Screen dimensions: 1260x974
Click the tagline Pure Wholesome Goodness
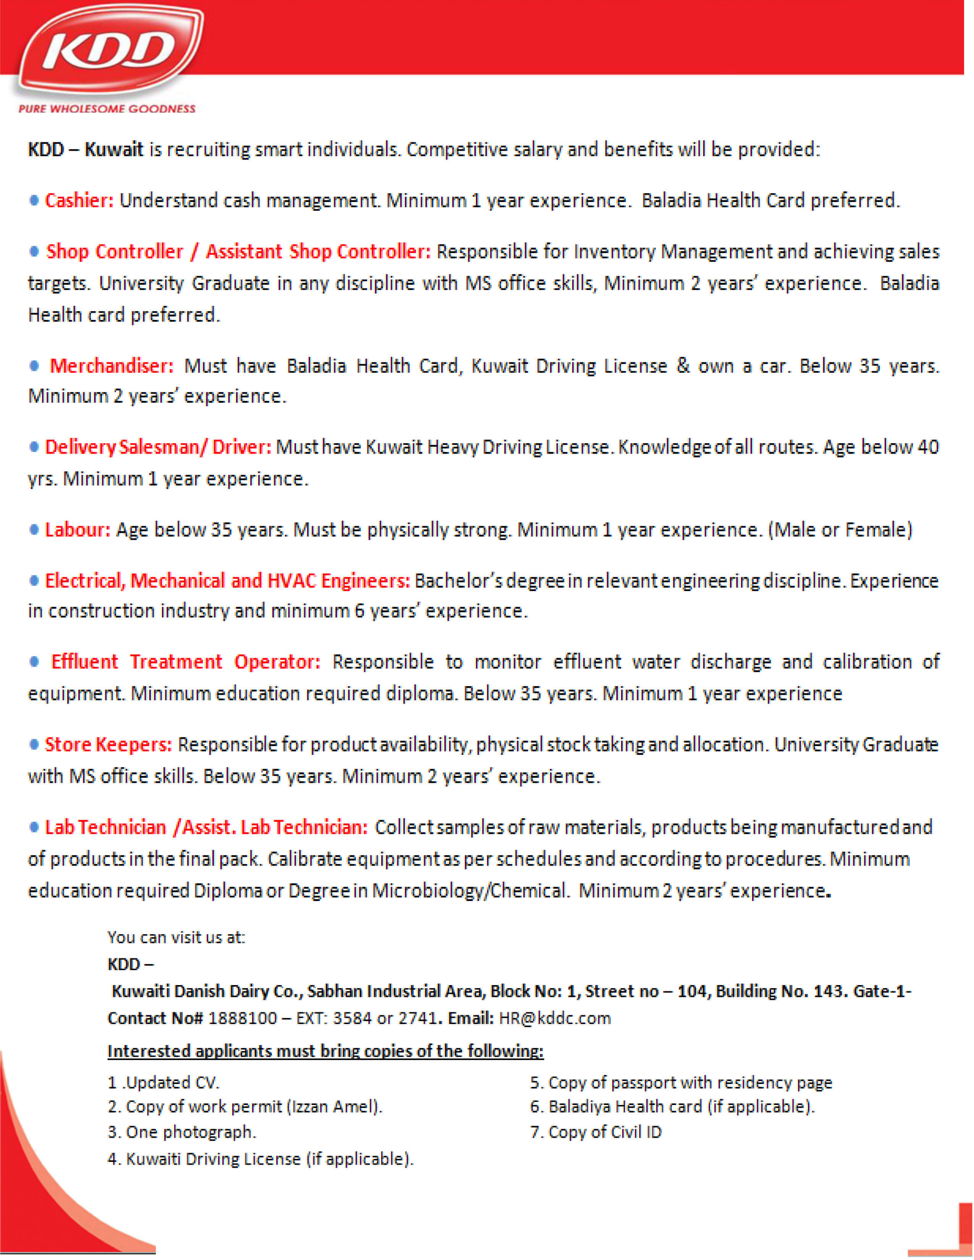107,108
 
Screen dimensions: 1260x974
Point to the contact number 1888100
242,1018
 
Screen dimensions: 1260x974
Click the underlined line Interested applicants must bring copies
325,1051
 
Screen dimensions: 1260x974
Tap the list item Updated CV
164,1083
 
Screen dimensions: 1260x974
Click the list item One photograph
182,1132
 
